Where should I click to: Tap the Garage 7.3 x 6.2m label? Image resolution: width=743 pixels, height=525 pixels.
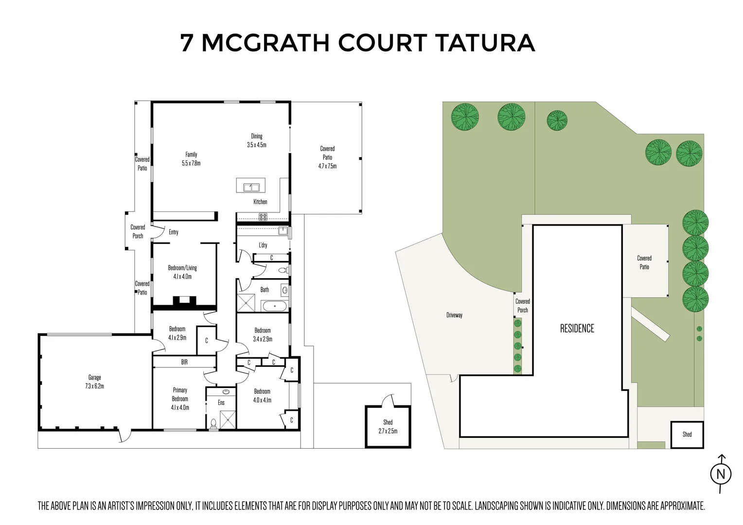pyautogui.click(x=95, y=382)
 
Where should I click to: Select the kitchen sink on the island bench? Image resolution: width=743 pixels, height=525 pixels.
pyautogui.click(x=251, y=186)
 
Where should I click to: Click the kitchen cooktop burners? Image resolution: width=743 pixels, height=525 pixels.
pyautogui.click(x=263, y=217)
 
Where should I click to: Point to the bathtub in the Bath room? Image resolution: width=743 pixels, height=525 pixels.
pyautogui.click(x=275, y=306)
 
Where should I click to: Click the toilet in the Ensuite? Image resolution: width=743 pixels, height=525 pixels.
pyautogui.click(x=213, y=423)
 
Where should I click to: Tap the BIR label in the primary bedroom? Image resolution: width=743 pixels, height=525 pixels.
pyautogui.click(x=184, y=362)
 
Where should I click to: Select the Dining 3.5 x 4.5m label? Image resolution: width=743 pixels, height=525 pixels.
pyautogui.click(x=256, y=140)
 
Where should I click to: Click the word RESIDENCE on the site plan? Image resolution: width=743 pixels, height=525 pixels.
pyautogui.click(x=577, y=329)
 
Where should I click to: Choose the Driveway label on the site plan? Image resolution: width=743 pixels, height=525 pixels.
pyautogui.click(x=454, y=315)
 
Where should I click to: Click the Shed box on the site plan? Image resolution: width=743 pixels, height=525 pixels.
pyautogui.click(x=687, y=434)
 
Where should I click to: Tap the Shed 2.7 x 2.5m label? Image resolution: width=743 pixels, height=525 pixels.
pyautogui.click(x=388, y=426)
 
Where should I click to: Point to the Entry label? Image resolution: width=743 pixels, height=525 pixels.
pyautogui.click(x=174, y=232)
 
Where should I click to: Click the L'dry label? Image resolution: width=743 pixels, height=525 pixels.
pyautogui.click(x=263, y=245)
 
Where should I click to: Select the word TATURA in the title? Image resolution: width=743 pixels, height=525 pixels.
pyautogui.click(x=484, y=43)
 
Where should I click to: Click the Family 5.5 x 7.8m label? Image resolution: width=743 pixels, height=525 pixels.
pyautogui.click(x=191, y=159)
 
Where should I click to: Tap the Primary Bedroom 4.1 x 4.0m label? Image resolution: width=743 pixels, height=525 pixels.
pyautogui.click(x=180, y=399)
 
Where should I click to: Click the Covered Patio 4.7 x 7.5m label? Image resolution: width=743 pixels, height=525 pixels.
pyautogui.click(x=327, y=157)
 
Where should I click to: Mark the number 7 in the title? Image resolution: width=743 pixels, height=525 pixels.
pyautogui.click(x=186, y=43)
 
